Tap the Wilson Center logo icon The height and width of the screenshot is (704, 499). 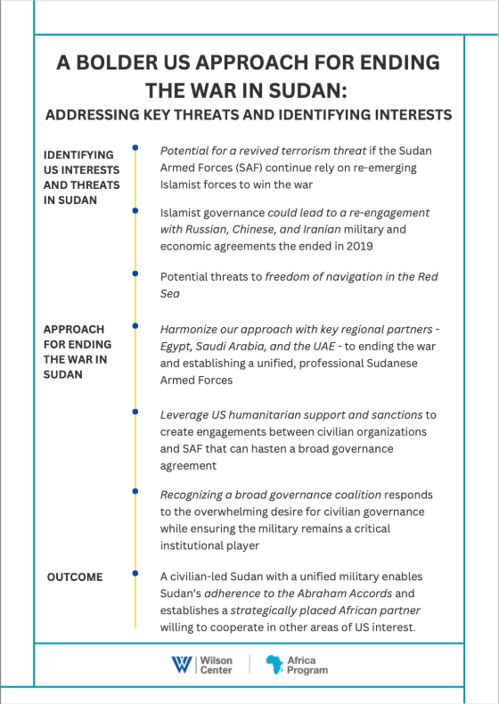tap(181, 665)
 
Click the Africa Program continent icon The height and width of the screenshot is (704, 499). tap(274, 665)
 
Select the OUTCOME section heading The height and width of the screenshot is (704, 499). tap(75, 577)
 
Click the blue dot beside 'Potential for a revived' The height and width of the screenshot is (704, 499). tap(135, 148)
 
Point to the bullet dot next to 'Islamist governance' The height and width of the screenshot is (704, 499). tap(135, 210)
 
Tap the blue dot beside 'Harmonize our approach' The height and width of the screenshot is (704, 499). tap(135, 326)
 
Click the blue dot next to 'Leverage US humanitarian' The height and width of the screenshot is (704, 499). tap(135, 412)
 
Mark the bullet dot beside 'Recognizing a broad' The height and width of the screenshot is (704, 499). tap(135, 491)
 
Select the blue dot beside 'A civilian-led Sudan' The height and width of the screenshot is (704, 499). tap(135, 573)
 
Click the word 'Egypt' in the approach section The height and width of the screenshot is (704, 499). tap(176, 346)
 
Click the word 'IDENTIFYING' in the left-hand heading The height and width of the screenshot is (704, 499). tap(78, 154)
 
